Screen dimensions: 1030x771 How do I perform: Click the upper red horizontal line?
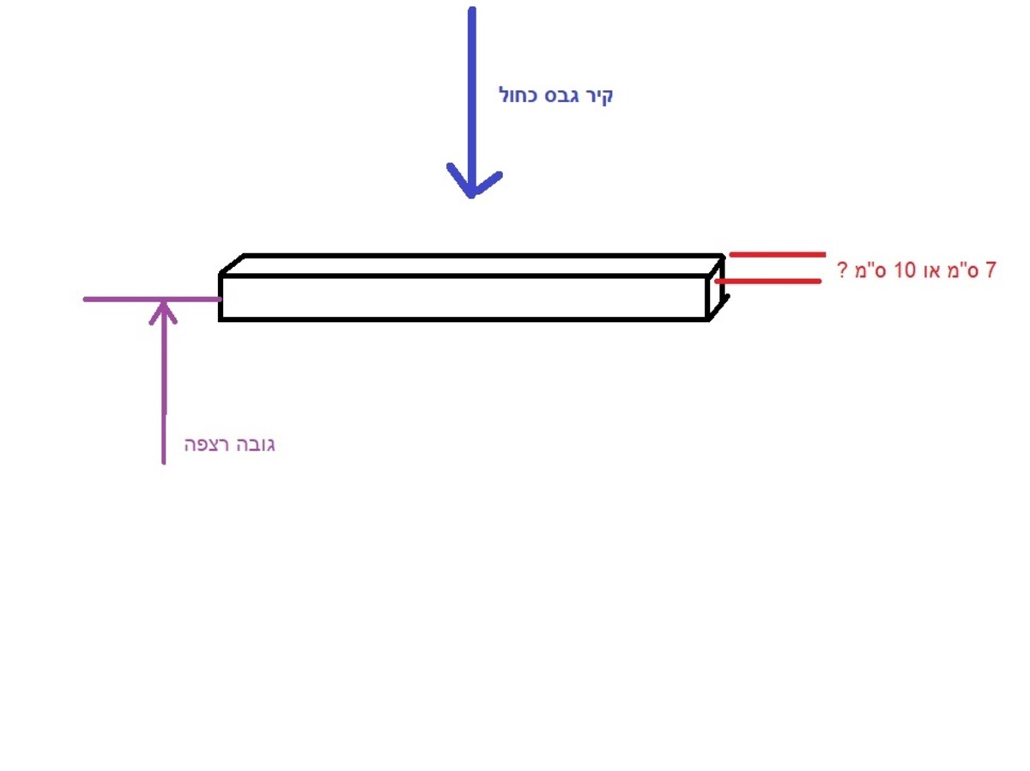point(778,254)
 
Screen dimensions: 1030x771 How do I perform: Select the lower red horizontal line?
point(768,281)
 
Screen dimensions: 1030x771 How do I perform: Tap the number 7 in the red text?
point(990,270)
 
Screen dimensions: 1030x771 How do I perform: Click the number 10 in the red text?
point(904,270)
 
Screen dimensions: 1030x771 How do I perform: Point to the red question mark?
point(842,270)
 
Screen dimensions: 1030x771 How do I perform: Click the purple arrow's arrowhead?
point(163,313)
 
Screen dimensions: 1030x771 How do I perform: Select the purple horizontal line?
point(152,299)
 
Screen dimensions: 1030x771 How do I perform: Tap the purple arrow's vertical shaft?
point(163,383)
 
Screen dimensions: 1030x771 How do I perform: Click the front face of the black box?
point(463,298)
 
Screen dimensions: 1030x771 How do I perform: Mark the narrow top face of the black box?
point(471,265)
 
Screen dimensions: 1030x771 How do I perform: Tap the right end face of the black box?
point(716,287)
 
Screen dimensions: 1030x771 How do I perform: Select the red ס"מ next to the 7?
point(964,270)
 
